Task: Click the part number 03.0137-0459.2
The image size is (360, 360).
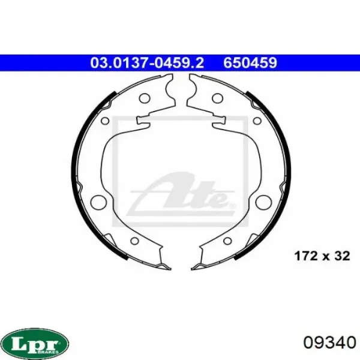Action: (x=147, y=63)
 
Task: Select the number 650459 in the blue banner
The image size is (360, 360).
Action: (x=250, y=63)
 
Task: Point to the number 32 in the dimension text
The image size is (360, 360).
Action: (x=342, y=256)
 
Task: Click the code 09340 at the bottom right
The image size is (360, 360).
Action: (x=329, y=343)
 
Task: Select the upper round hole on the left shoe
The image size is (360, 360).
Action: (x=145, y=98)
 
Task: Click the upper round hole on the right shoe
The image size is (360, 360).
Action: (x=218, y=98)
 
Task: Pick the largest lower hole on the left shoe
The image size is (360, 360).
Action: (x=99, y=203)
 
